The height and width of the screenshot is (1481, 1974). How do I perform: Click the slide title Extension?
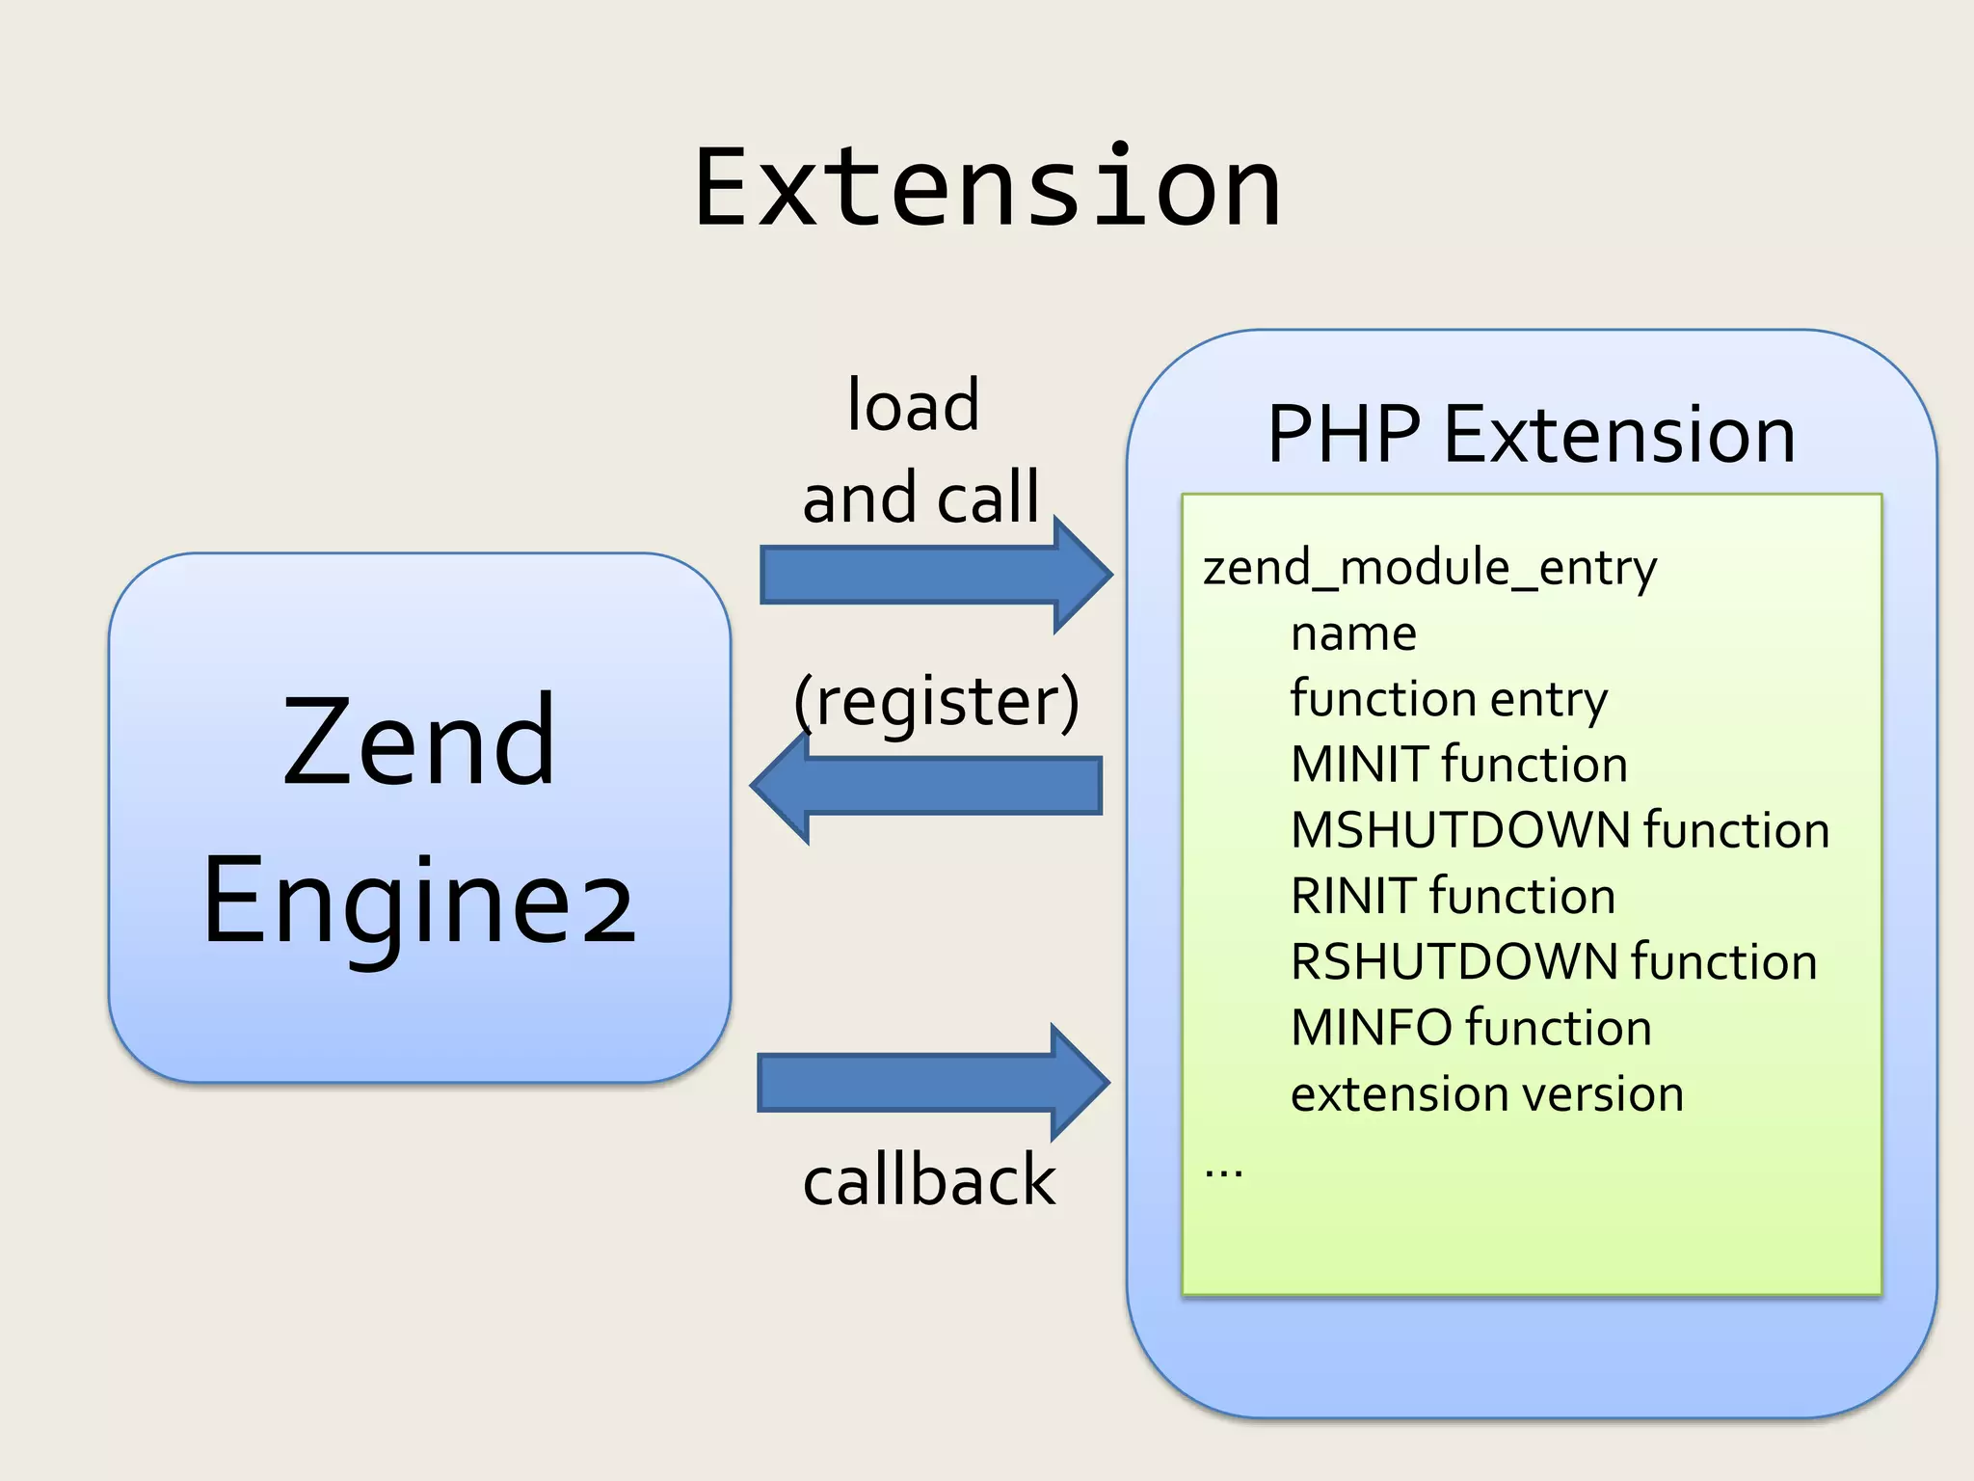click(x=987, y=188)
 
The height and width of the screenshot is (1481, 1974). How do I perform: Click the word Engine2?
click(x=419, y=902)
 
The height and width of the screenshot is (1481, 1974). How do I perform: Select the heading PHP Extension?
click(x=1531, y=435)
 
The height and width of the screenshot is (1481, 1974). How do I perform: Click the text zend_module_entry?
click(x=1429, y=567)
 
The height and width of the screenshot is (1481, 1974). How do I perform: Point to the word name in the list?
click(x=1353, y=633)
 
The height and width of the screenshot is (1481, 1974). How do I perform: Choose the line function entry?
click(x=1449, y=698)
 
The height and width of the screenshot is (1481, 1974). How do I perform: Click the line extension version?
click(x=1486, y=1094)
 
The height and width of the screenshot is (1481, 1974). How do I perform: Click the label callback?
click(x=929, y=1180)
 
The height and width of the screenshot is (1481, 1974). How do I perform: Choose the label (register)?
click(x=936, y=701)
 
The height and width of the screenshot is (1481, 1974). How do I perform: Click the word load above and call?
click(x=913, y=406)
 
